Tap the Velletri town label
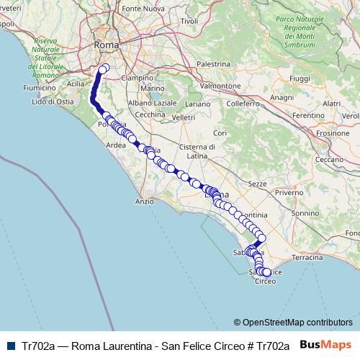tap(183, 117)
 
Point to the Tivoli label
tap(189, 21)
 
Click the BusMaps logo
tap(326, 344)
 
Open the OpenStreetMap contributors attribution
tap(297, 322)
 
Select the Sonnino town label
tap(305, 213)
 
